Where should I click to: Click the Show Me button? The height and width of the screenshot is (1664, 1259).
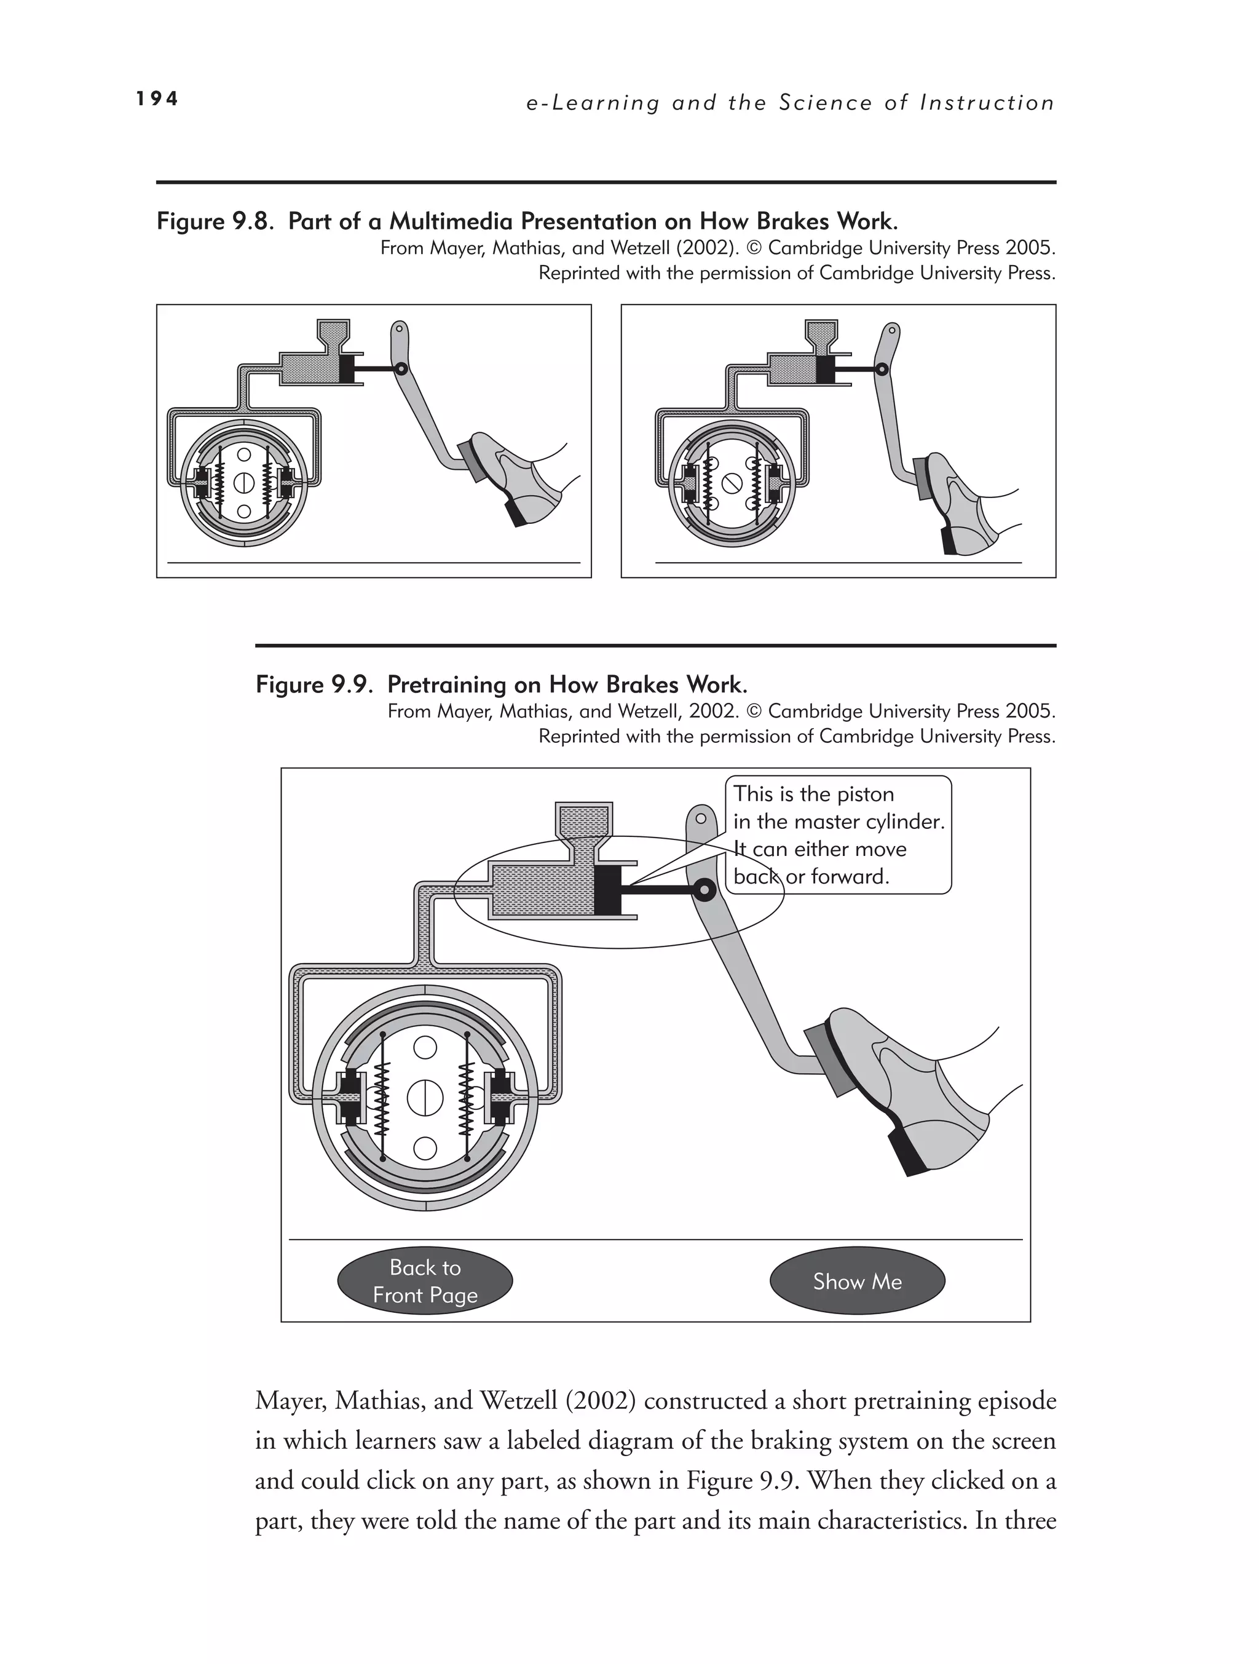(x=856, y=1281)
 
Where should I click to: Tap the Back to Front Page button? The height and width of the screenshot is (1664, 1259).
(x=425, y=1281)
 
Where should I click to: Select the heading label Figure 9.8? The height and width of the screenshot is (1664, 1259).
(x=213, y=221)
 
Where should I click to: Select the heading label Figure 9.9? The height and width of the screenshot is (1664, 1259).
(x=314, y=684)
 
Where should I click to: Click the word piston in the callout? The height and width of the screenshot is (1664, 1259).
(x=865, y=794)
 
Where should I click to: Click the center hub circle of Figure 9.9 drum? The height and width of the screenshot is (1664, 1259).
(x=425, y=1099)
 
